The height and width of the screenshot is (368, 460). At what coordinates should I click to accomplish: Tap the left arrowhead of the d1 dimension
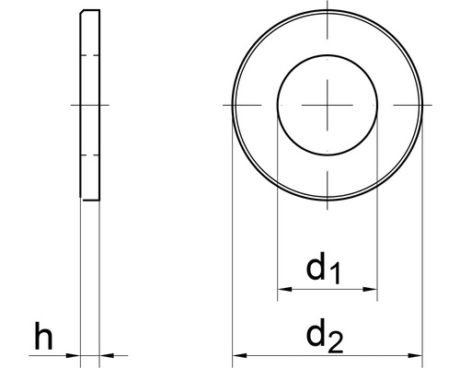[x=282, y=290]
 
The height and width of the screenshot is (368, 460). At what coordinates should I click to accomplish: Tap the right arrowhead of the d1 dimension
[x=373, y=290]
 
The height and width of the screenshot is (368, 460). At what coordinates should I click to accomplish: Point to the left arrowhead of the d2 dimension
[x=237, y=354]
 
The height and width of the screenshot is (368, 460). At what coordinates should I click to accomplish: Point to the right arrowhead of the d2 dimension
[x=416, y=354]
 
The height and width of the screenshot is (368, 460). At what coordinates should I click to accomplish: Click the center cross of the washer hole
[x=328, y=105]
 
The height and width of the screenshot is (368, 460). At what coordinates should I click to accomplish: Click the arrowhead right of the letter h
[x=75, y=354]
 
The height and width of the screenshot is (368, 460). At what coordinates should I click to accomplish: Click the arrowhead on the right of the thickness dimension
[x=106, y=354]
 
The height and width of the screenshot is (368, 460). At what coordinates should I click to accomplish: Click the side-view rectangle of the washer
[x=90, y=105]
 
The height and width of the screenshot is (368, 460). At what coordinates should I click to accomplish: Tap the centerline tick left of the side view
[x=74, y=105]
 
